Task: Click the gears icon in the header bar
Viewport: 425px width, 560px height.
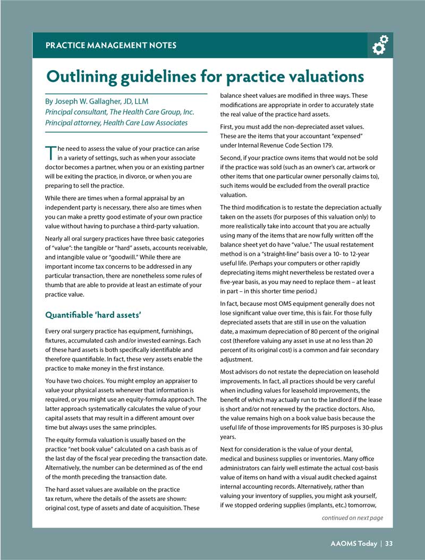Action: pyautogui.click(x=380, y=45)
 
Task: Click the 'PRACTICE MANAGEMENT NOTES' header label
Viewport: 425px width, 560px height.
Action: pyautogui.click(x=111, y=46)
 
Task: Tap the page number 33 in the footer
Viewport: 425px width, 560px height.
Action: pyautogui.click(x=389, y=543)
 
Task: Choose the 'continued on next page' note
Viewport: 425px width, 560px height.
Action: pyautogui.click(x=352, y=518)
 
